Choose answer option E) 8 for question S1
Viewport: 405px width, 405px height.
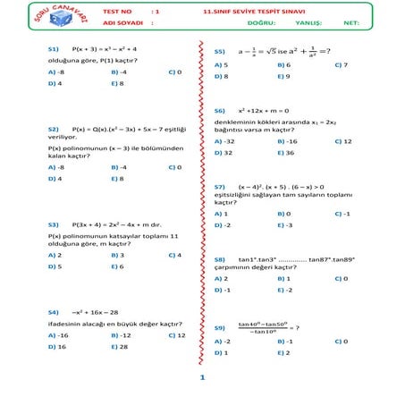(x=117, y=82)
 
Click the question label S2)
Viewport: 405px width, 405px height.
(x=54, y=129)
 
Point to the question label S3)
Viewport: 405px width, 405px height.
(x=54, y=225)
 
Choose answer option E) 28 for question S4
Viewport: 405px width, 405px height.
(x=119, y=346)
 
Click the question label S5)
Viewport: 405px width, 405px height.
(x=219, y=52)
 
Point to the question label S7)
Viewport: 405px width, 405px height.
(x=219, y=186)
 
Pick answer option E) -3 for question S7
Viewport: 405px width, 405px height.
(x=284, y=225)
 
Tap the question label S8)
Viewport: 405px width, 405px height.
(x=219, y=258)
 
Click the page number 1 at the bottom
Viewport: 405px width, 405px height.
(x=203, y=378)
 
